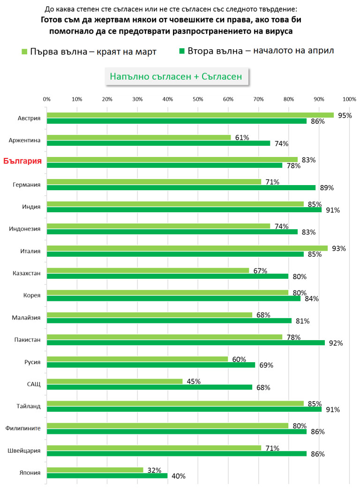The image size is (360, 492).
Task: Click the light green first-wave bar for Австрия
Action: pyautogui.click(x=190, y=115)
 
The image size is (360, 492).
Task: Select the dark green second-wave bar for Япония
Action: pyautogui.click(x=107, y=476)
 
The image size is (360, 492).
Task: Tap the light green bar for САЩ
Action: pyautogui.click(x=114, y=381)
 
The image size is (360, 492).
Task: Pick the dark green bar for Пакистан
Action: pyautogui.click(x=186, y=343)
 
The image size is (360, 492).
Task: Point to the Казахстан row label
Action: pyautogui.click(x=28, y=273)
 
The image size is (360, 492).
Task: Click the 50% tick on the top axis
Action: pyautogui.click(x=198, y=99)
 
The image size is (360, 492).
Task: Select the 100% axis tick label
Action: pyautogui.click(x=349, y=99)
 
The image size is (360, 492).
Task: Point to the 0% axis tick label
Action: pyautogui.click(x=47, y=99)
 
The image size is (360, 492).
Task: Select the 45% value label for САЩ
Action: pyautogui.click(x=194, y=381)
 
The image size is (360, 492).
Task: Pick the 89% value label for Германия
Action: pyautogui.click(x=327, y=188)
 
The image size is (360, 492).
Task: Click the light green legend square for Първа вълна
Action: pyautogui.click(x=25, y=51)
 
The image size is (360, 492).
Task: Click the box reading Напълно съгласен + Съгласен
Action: pyautogui.click(x=176, y=77)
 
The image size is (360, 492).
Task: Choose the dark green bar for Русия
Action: pyautogui.click(x=151, y=365)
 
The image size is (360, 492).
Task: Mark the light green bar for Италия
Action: pyautogui.click(x=187, y=248)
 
